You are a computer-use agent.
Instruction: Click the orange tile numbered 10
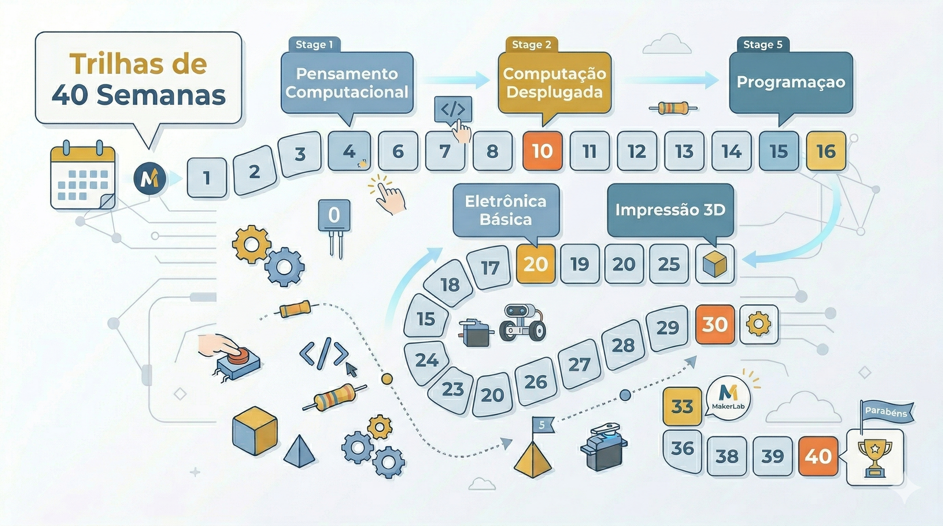tap(542, 151)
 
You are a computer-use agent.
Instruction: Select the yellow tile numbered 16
tap(826, 151)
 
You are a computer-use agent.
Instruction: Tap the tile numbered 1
tap(207, 178)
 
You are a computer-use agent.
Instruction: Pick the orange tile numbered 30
tap(714, 324)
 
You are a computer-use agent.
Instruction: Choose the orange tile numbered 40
tap(818, 456)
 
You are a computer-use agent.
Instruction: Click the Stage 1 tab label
tap(315, 45)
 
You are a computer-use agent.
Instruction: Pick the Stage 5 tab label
tap(762, 45)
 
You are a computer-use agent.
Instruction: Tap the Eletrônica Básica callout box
tap(506, 210)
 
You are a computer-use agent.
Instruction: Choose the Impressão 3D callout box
tap(671, 210)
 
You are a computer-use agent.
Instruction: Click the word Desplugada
tap(554, 92)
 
